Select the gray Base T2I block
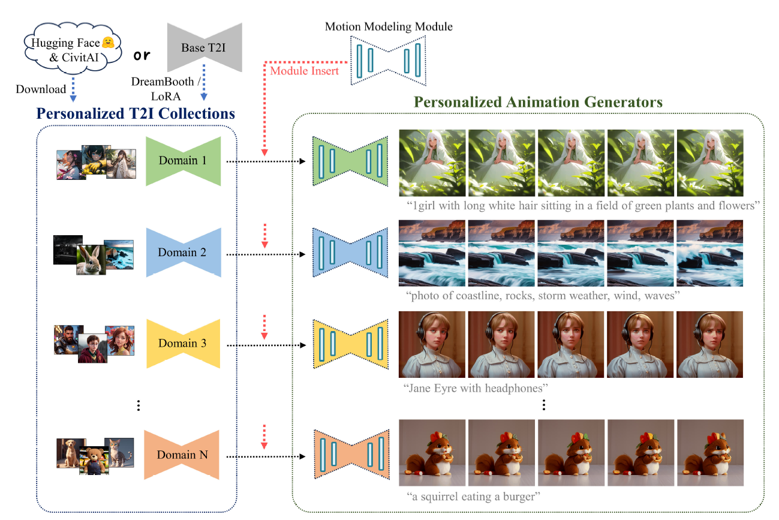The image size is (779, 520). click(204, 47)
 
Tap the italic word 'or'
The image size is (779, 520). click(142, 55)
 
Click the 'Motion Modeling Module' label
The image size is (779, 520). click(389, 26)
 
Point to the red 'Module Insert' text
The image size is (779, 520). click(304, 71)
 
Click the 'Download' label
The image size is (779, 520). click(41, 89)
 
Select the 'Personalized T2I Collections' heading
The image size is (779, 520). click(136, 113)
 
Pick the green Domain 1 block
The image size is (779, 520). click(183, 160)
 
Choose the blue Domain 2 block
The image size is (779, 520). click(183, 253)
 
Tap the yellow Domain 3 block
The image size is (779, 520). click(183, 344)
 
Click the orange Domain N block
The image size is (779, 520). click(183, 455)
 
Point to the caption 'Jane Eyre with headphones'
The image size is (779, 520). click(477, 388)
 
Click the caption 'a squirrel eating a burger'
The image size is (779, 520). click(473, 497)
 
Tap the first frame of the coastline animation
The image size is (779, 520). click(432, 253)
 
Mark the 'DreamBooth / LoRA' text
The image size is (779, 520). click(164, 88)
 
